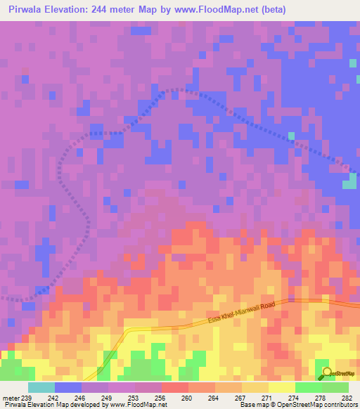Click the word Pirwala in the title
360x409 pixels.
pyautogui.click(x=29, y=9)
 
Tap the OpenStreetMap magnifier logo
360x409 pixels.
pyautogui.click(x=327, y=373)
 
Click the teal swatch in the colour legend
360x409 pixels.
pyautogui.click(x=41, y=387)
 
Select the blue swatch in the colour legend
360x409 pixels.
pyautogui.click(x=68, y=387)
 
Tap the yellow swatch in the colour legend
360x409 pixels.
pyautogui.click(x=281, y=387)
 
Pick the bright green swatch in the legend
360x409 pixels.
pyautogui.click(x=308, y=387)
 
